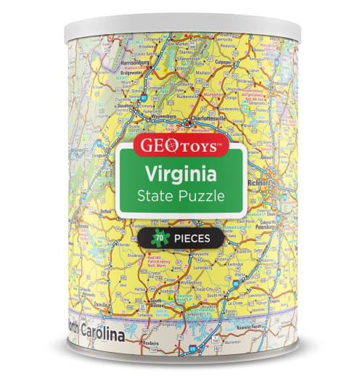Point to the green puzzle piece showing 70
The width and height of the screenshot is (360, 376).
pyautogui.click(x=158, y=237)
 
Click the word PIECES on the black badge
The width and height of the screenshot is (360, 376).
pyautogui.click(x=191, y=237)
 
